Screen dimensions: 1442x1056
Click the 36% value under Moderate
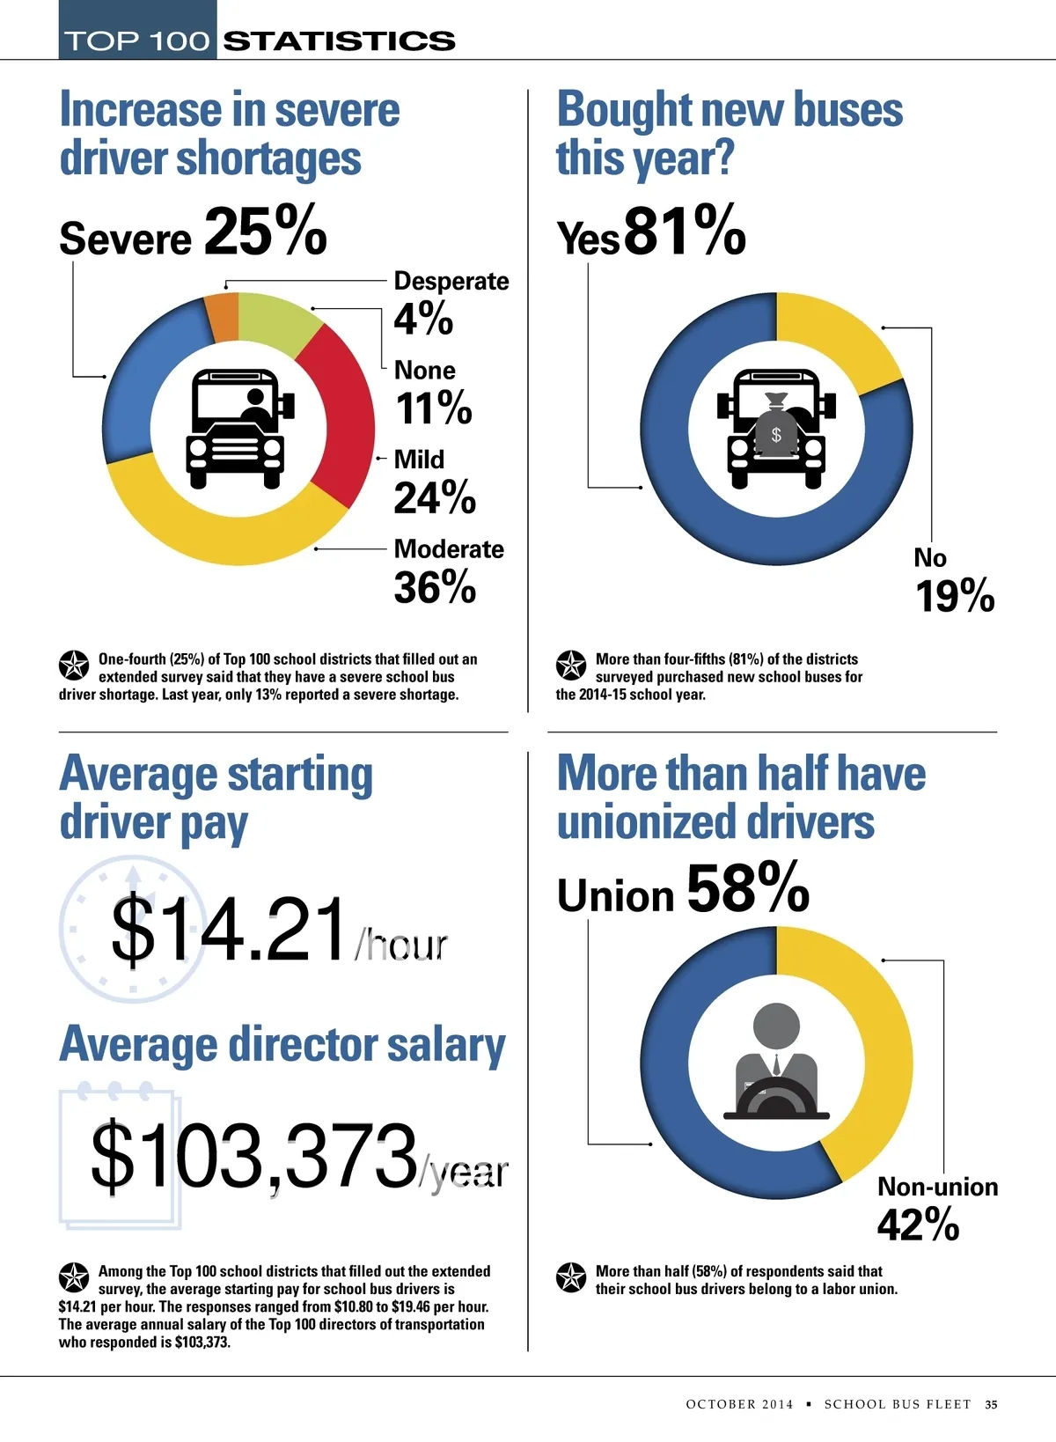pyautogui.click(x=435, y=587)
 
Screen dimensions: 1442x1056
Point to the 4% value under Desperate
pyautogui.click(x=423, y=318)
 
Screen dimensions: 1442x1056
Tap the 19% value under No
pyautogui.click(x=955, y=597)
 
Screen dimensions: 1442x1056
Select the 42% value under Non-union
pyautogui.click(x=918, y=1225)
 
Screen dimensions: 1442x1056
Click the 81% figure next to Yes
pyautogui.click(x=685, y=231)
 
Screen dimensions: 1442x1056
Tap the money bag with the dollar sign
pyautogui.click(x=776, y=427)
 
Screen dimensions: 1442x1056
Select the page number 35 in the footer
pyautogui.click(x=991, y=1404)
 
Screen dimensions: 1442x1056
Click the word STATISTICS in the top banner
pyautogui.click(x=339, y=40)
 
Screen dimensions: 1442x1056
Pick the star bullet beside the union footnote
pyautogui.click(x=571, y=1277)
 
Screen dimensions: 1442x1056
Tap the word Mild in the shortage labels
pyautogui.click(x=419, y=460)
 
